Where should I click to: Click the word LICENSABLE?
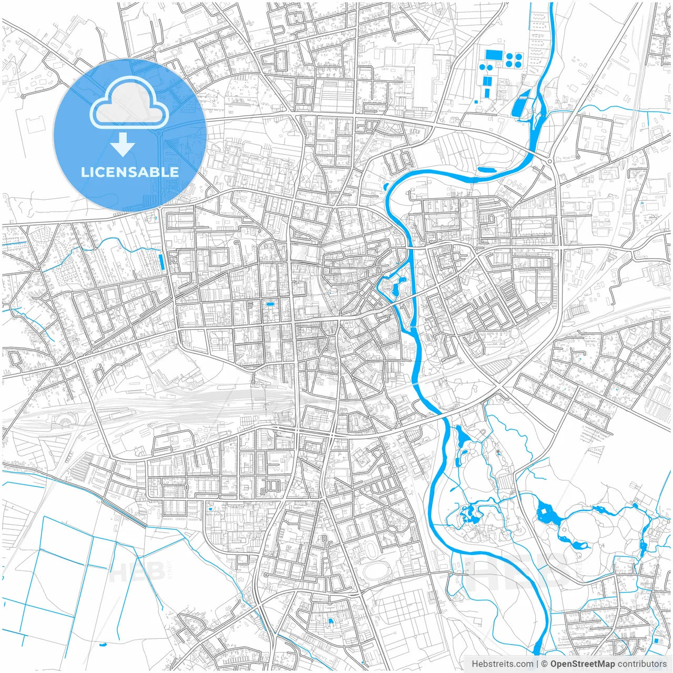click(129, 172)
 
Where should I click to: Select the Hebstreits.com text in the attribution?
click(502, 664)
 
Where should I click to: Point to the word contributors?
click(641, 664)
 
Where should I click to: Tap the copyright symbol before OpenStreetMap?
click(544, 664)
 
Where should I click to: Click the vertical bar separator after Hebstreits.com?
click(537, 664)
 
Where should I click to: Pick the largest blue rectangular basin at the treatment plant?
click(494, 55)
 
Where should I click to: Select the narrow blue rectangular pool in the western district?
click(161, 262)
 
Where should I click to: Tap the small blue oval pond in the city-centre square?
click(270, 304)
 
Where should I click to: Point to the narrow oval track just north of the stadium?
click(372, 550)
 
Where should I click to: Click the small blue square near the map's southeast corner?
click(657, 640)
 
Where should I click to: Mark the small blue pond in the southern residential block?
click(331, 621)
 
